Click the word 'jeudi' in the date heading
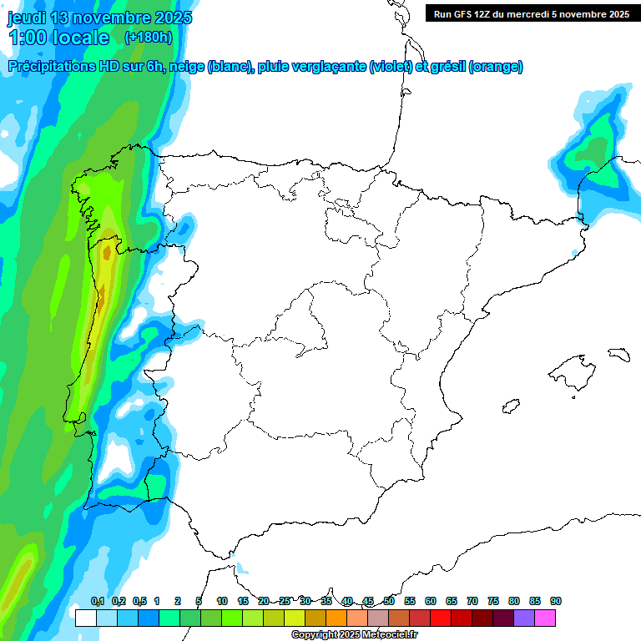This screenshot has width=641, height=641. (x=28, y=18)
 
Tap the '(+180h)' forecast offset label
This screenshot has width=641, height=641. (x=148, y=37)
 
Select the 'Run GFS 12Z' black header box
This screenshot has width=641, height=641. (x=531, y=13)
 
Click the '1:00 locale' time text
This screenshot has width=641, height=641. (x=58, y=38)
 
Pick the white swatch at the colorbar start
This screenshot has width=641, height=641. (x=85, y=618)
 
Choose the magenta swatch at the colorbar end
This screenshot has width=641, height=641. (x=545, y=618)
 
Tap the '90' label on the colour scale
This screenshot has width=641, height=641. (x=556, y=601)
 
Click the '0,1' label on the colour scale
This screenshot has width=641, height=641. (x=97, y=601)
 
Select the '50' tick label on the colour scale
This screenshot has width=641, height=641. (x=389, y=601)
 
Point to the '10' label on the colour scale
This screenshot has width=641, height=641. (x=222, y=601)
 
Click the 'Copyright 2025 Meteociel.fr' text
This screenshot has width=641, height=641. (x=354, y=635)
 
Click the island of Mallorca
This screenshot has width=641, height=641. (x=570, y=367)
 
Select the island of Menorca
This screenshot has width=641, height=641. (x=618, y=353)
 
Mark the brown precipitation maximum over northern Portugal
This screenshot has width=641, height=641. (x=106, y=250)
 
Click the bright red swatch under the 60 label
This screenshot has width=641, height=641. (x=441, y=618)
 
